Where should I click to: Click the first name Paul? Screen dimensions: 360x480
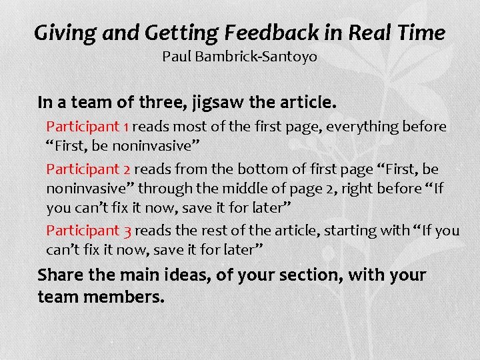[x=175, y=57]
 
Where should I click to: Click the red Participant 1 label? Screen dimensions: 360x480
[x=83, y=127]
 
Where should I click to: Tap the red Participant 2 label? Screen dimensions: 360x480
[x=83, y=169]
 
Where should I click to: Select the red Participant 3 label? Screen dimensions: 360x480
[x=83, y=231]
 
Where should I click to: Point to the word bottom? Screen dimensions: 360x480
[x=255, y=169]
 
